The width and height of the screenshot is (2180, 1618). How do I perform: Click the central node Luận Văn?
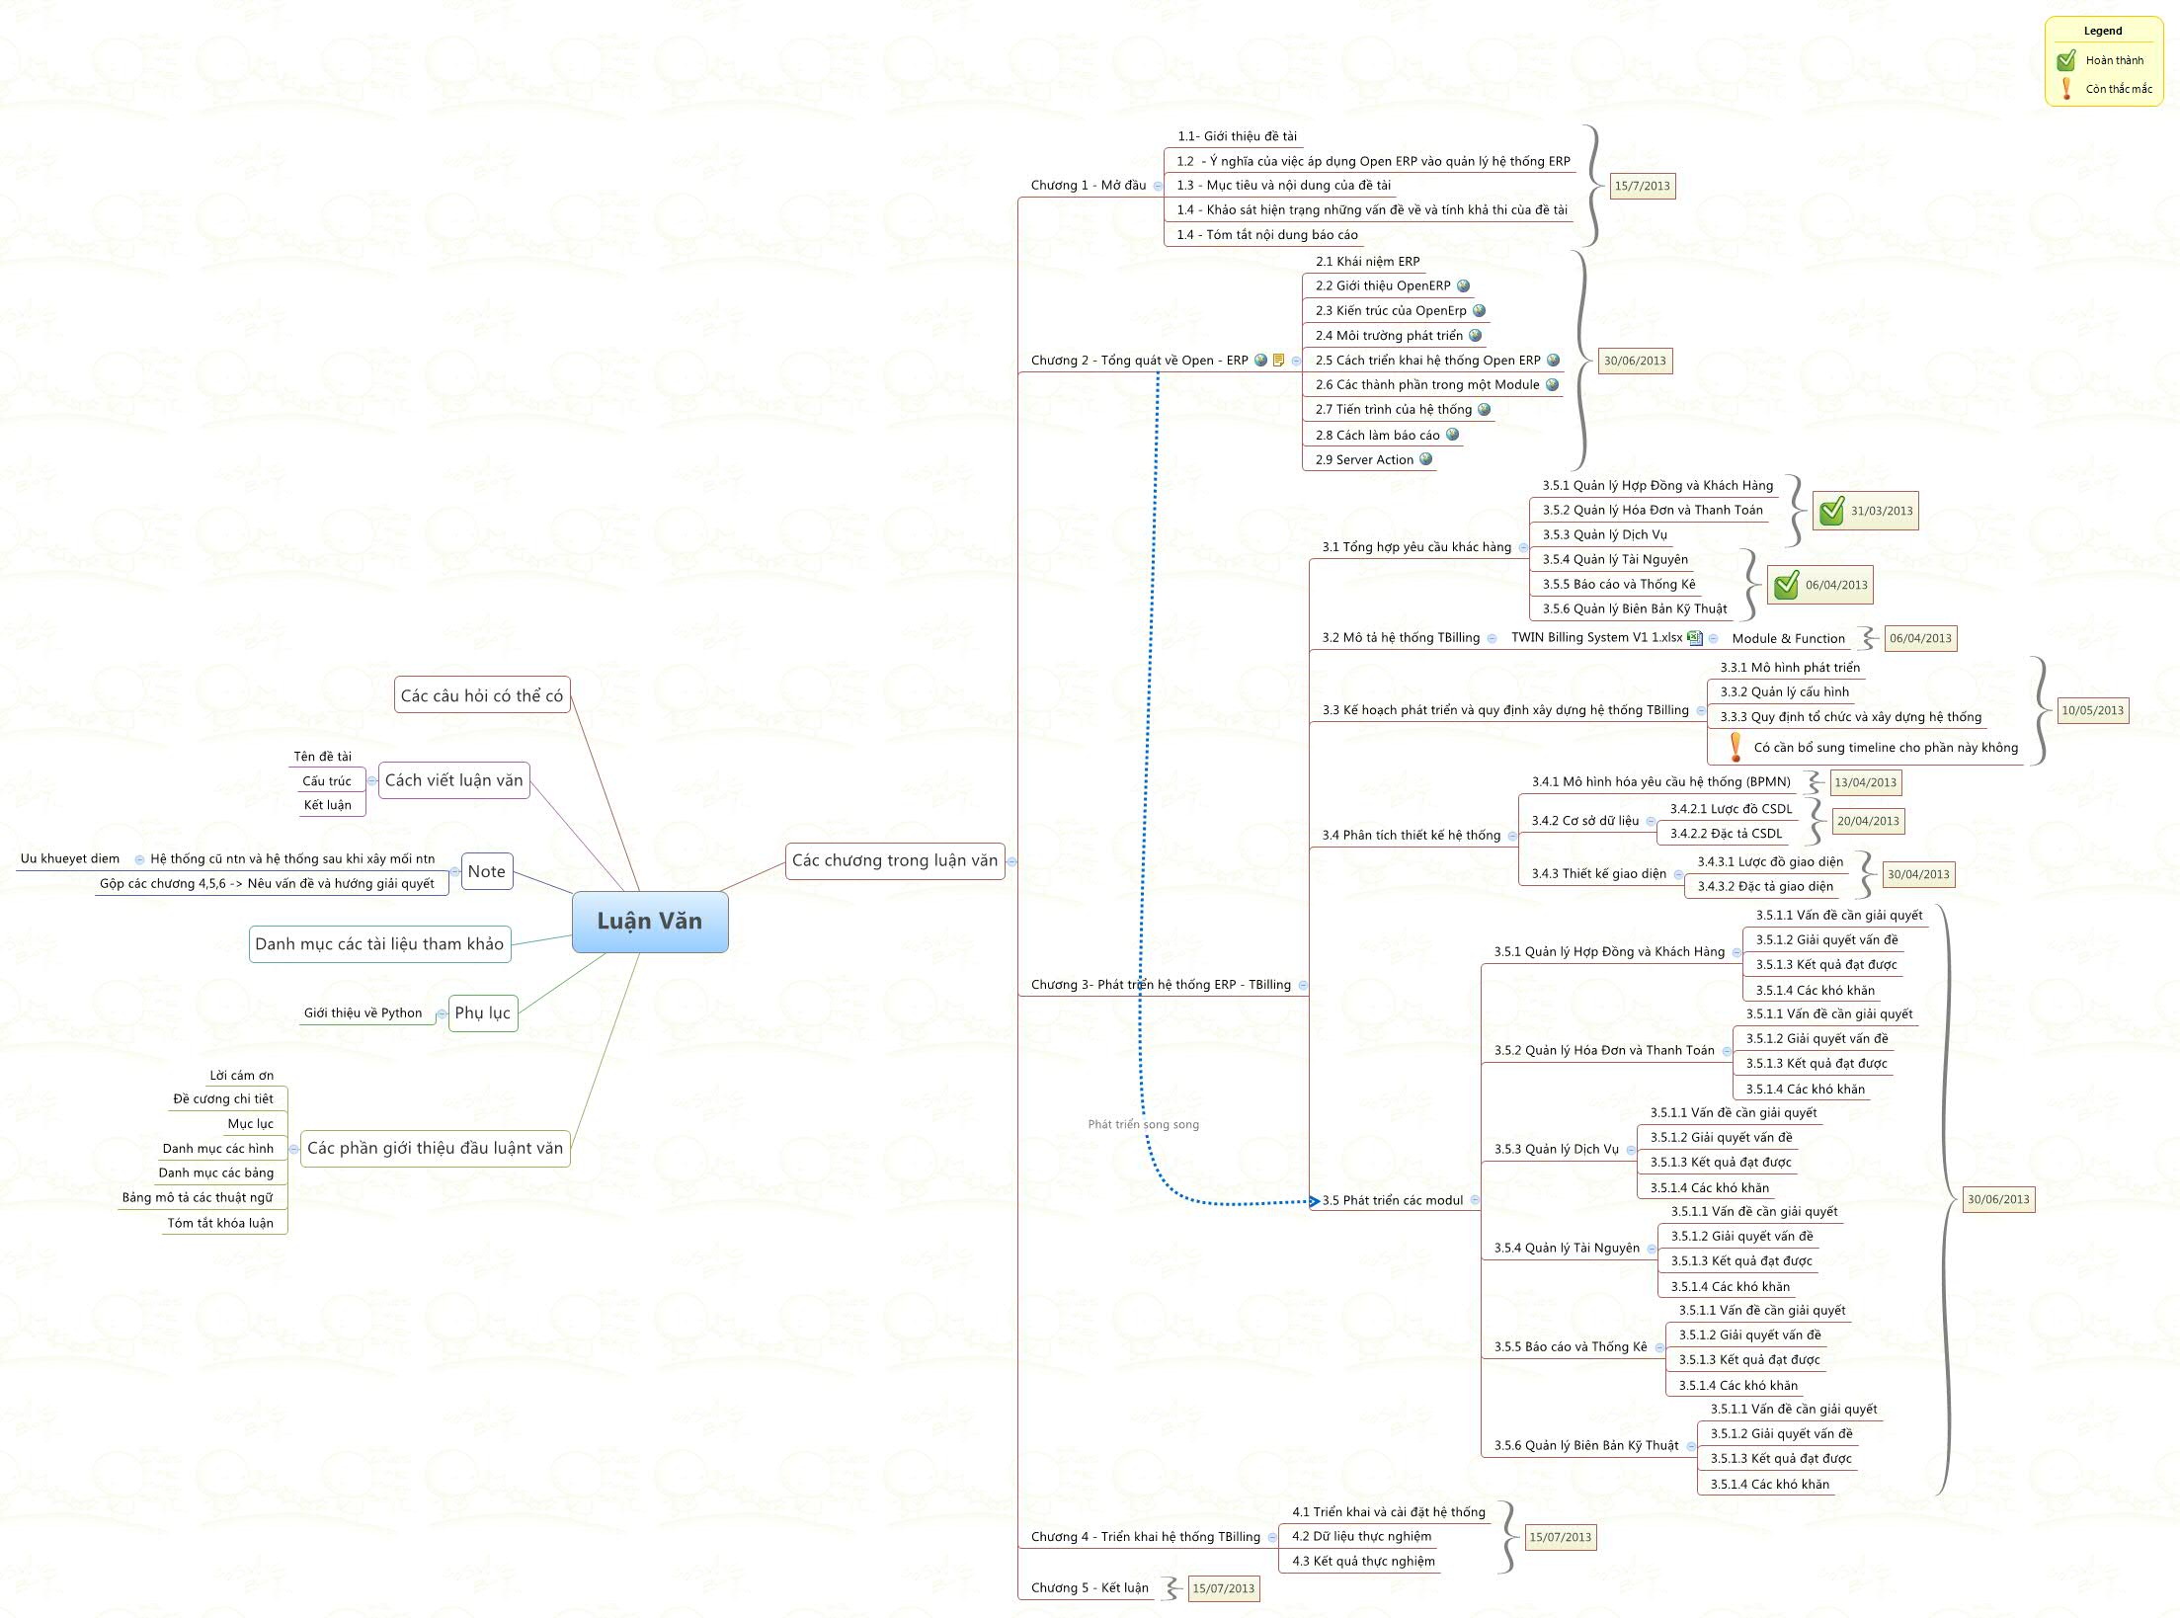650,922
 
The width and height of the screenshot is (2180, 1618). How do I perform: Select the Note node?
486,871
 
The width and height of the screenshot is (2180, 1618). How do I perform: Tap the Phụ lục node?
482,1012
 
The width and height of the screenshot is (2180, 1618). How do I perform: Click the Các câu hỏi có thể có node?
482,695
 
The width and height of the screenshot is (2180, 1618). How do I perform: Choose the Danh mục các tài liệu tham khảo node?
379,943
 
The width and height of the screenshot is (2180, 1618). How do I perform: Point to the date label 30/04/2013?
1917,874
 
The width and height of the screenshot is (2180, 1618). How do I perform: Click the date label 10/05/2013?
2092,710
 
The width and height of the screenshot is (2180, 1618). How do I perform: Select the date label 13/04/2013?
1865,782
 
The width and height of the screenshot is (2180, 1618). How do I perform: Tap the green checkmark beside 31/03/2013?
1831,511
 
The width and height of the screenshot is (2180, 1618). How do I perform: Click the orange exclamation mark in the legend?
2065,89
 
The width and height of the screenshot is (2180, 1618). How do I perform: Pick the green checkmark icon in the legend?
2065,60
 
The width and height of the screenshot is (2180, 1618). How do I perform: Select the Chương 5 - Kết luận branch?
1090,1588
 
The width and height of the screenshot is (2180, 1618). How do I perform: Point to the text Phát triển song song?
1143,1124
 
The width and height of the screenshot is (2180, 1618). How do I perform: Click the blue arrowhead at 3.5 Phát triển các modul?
1314,1201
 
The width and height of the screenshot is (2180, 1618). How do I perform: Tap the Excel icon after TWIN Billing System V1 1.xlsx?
1695,638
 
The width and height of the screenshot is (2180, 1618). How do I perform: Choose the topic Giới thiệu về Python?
363,1012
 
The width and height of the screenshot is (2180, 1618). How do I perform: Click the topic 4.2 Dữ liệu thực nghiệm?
1361,1536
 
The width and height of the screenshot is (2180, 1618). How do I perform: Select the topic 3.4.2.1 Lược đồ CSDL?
1731,809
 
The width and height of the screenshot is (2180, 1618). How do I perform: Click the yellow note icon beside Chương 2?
1278,361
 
